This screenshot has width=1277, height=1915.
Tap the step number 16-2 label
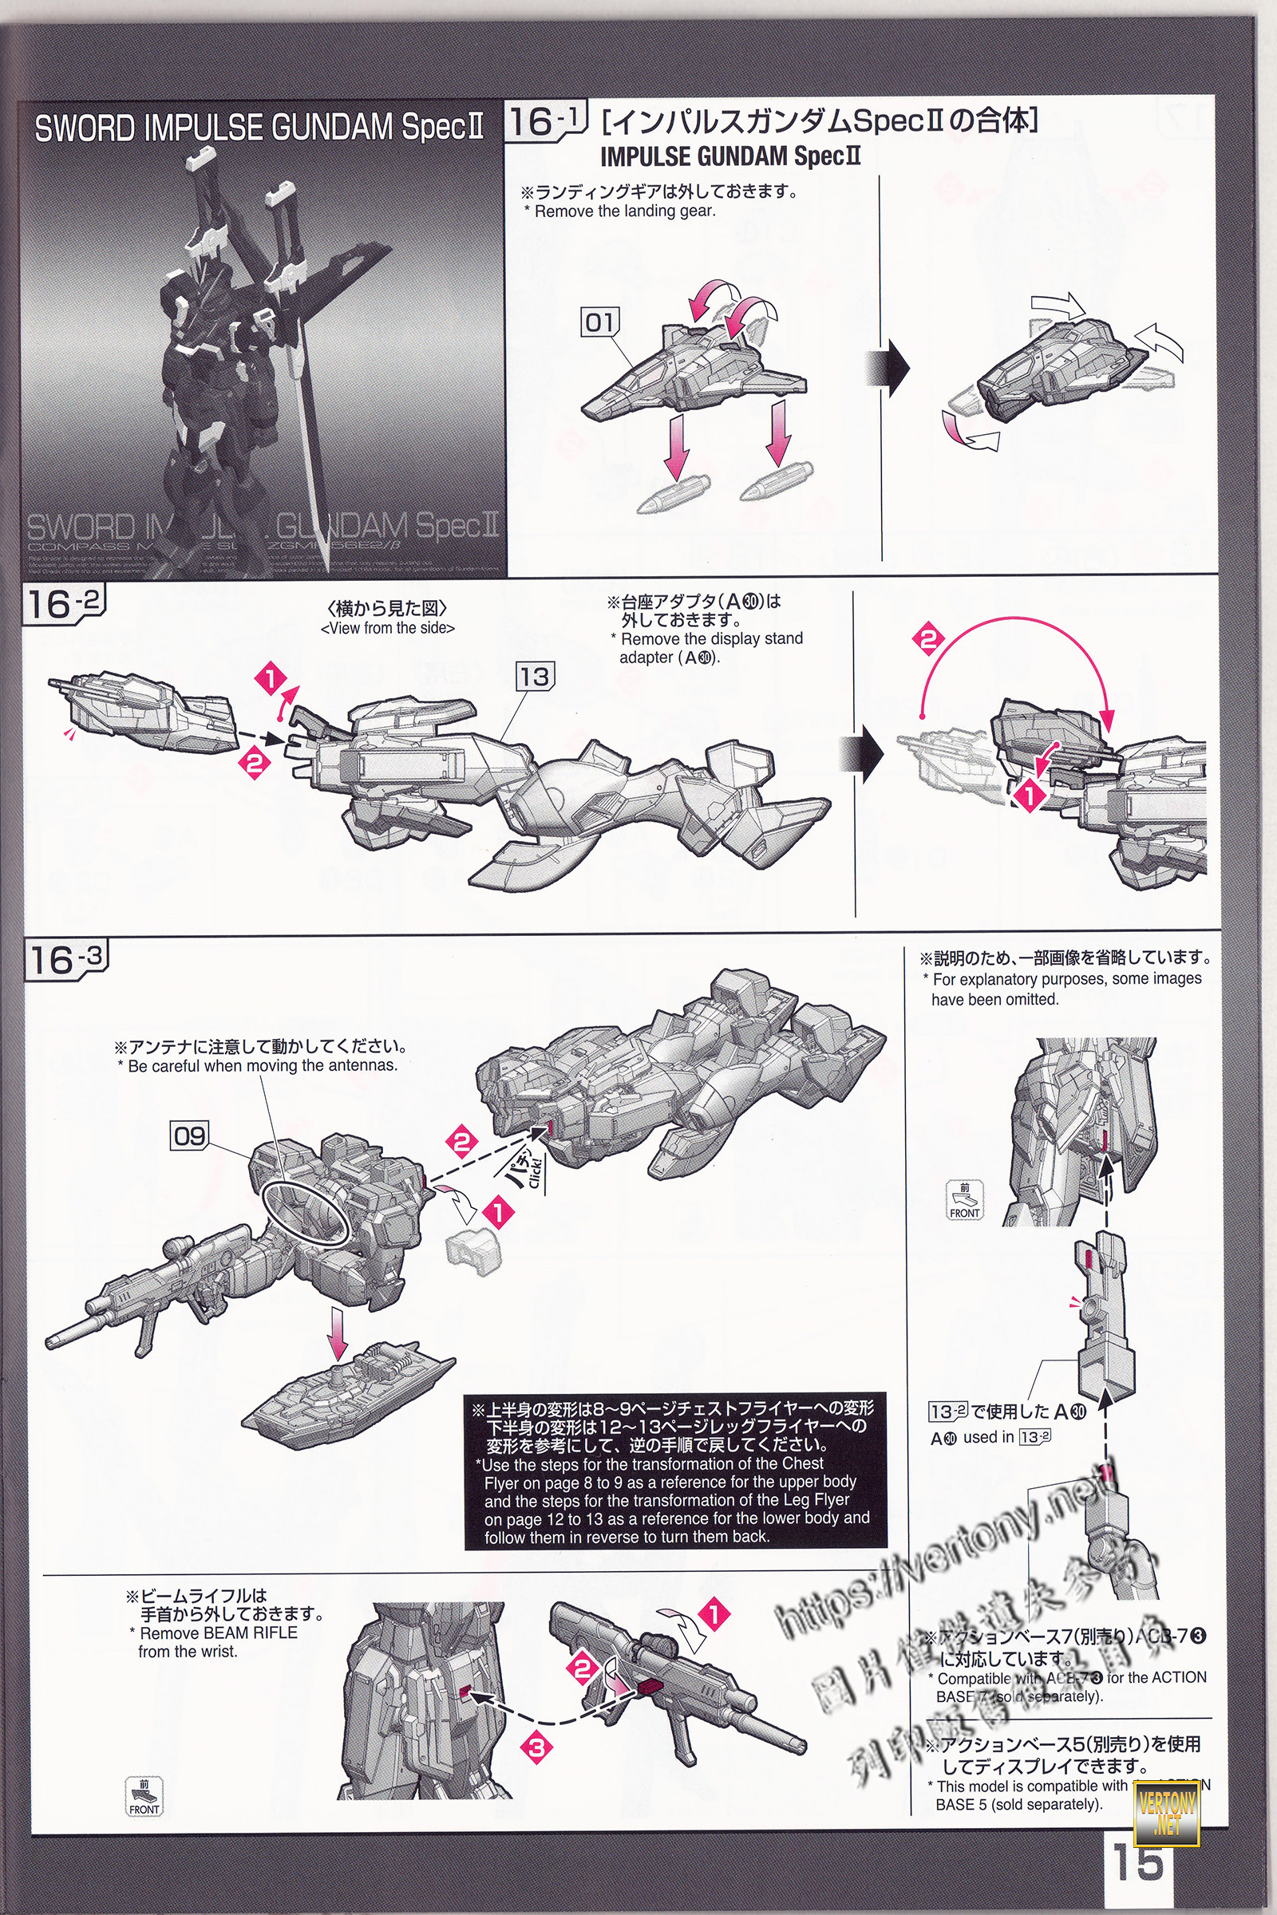click(65, 605)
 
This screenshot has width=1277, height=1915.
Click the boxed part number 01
click(599, 322)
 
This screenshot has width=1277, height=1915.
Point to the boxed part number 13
click(534, 676)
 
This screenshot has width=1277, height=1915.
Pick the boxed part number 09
click(189, 1135)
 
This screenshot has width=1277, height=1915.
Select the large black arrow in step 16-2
click(870, 753)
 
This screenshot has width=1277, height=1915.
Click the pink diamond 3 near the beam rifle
click(536, 1746)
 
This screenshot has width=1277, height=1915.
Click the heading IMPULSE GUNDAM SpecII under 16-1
click(729, 156)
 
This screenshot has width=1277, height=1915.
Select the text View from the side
click(388, 629)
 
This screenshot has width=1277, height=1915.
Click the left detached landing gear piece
click(672, 491)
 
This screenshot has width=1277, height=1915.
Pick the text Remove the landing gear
click(625, 211)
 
